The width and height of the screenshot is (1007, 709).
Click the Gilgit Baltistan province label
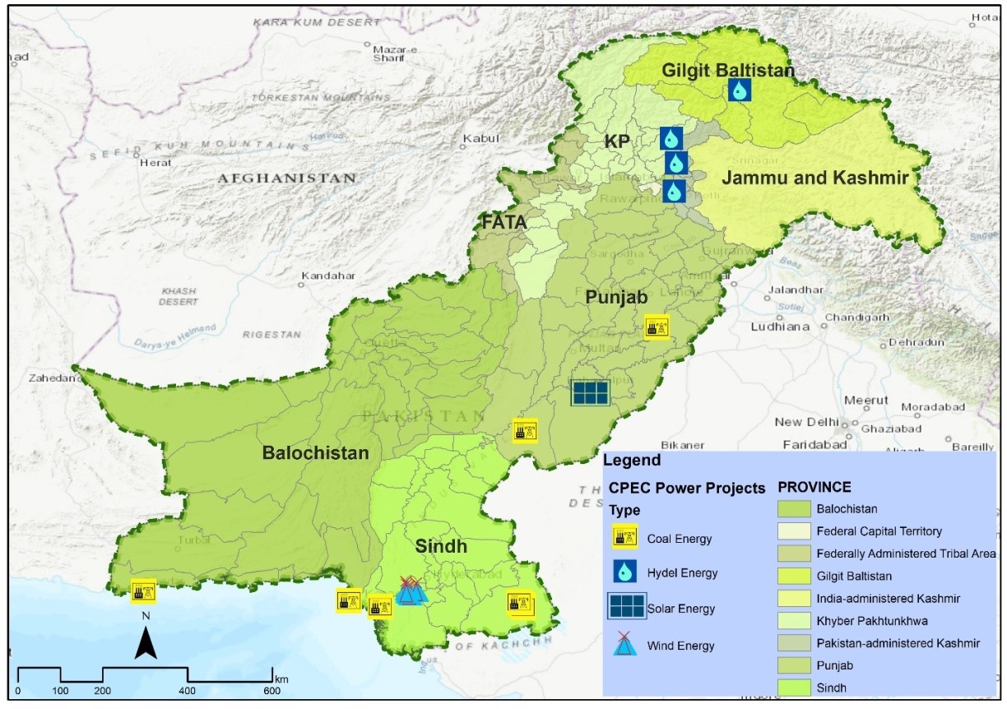pyautogui.click(x=728, y=71)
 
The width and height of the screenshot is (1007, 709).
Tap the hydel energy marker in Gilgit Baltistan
pyautogui.click(x=739, y=90)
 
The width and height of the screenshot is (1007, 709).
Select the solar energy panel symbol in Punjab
pyautogui.click(x=591, y=392)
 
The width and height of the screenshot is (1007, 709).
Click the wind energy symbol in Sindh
pyautogui.click(x=409, y=591)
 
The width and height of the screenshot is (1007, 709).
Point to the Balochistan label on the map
pyautogui.click(x=315, y=453)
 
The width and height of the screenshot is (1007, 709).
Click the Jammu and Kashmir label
pyautogui.click(x=814, y=178)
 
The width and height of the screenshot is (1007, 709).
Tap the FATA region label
pyautogui.click(x=504, y=221)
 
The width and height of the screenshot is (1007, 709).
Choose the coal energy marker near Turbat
pyautogui.click(x=143, y=590)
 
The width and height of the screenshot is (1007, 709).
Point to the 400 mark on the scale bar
pyautogui.click(x=188, y=690)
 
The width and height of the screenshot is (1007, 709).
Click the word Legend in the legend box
pyautogui.click(x=631, y=461)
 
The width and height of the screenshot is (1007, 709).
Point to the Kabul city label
pyautogui.click(x=481, y=139)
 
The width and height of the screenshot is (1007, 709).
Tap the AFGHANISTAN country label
pyautogui.click(x=286, y=178)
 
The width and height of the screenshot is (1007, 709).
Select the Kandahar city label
pyautogui.click(x=327, y=276)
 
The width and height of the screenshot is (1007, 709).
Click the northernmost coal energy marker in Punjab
pyautogui.click(x=656, y=327)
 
